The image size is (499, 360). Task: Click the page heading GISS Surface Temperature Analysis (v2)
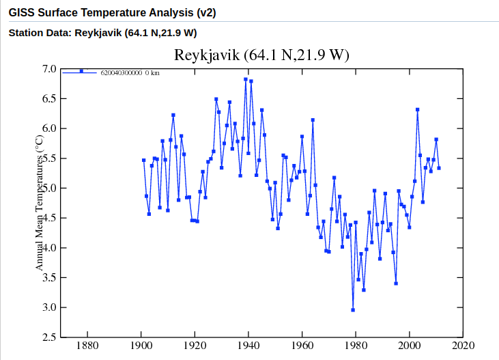112,13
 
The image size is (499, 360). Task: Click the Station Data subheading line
102,33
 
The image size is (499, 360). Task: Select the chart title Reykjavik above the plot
261,55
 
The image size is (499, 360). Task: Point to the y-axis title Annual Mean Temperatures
40,201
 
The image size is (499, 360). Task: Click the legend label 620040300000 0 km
130,72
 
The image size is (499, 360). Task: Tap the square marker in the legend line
81,71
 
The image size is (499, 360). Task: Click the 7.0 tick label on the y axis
49,69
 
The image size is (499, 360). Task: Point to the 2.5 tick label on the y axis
49,337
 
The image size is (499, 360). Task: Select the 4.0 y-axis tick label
49,248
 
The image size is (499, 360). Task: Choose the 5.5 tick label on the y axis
49,158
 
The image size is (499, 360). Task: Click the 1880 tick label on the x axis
87,346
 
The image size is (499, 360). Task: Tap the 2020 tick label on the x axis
463,346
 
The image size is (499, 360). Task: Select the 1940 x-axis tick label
248,346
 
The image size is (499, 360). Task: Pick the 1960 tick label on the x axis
302,346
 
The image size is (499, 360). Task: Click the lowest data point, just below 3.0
353,310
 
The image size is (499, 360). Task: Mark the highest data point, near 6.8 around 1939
246,79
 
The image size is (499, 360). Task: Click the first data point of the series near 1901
143,161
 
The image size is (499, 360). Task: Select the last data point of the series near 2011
439,168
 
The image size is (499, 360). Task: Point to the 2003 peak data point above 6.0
417,109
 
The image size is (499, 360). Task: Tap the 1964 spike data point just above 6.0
313,120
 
